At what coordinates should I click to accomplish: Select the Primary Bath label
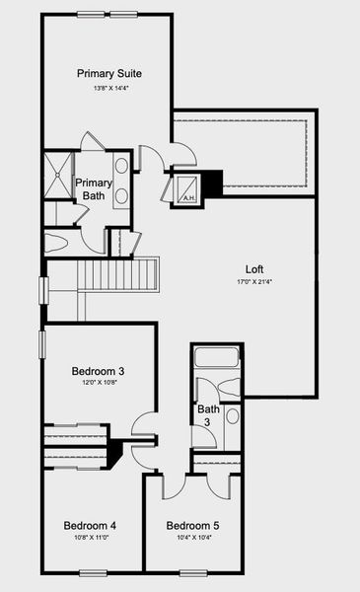(95, 188)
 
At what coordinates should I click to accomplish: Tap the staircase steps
(118, 272)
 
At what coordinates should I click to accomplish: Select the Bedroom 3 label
(98, 371)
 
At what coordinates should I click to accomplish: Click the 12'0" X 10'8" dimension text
(98, 385)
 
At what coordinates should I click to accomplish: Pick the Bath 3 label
(207, 414)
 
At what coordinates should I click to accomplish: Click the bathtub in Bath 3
(217, 359)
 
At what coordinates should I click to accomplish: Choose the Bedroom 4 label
(90, 526)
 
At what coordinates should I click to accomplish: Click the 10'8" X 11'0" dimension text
(90, 540)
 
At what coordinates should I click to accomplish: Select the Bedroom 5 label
(192, 526)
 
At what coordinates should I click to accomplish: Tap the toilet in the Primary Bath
(56, 242)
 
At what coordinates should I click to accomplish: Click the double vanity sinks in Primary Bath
(122, 181)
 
